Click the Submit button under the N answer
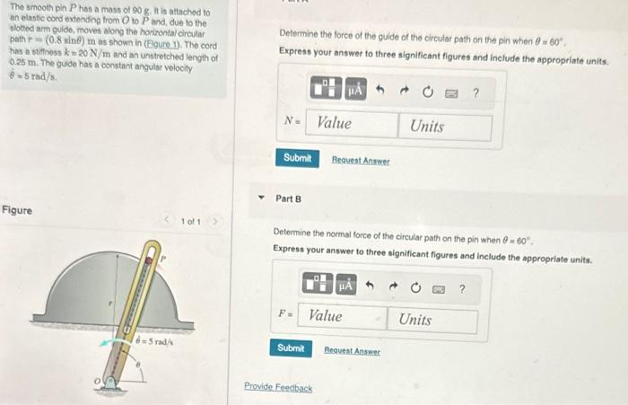coord(297,158)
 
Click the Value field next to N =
coord(353,125)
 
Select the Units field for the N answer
coord(447,126)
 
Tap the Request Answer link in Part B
coord(352,351)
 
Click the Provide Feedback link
coord(278,388)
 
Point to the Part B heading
coord(288,198)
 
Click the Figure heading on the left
coord(16,210)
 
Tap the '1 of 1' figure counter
coord(191,221)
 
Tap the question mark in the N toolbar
coord(475,92)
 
